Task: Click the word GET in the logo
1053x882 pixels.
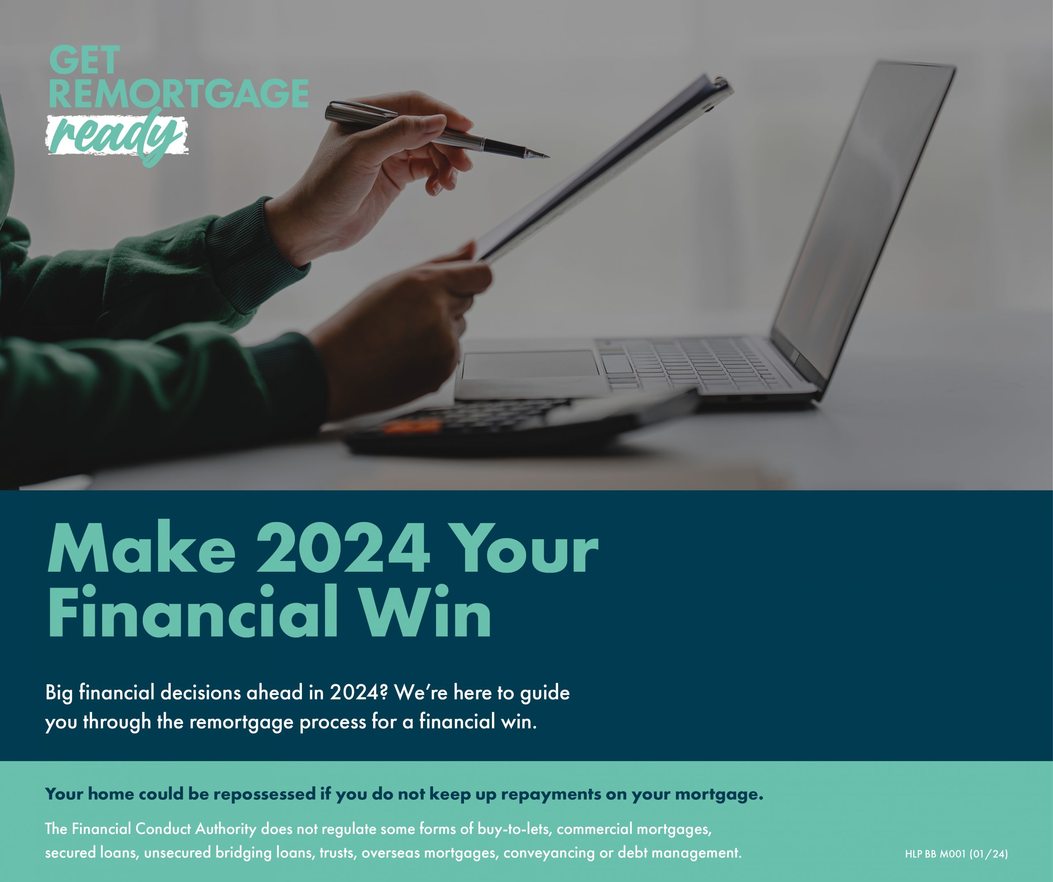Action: click(84, 60)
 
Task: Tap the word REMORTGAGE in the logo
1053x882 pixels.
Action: click(179, 93)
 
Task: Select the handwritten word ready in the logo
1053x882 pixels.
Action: click(117, 135)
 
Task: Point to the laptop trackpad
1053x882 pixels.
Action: click(530, 364)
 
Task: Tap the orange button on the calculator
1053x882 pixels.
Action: click(412, 427)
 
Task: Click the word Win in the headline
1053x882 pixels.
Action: click(427, 612)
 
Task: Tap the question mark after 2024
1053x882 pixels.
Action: click(384, 693)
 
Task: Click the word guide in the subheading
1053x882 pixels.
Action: click(545, 695)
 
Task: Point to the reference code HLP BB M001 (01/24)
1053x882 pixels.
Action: click(956, 853)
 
